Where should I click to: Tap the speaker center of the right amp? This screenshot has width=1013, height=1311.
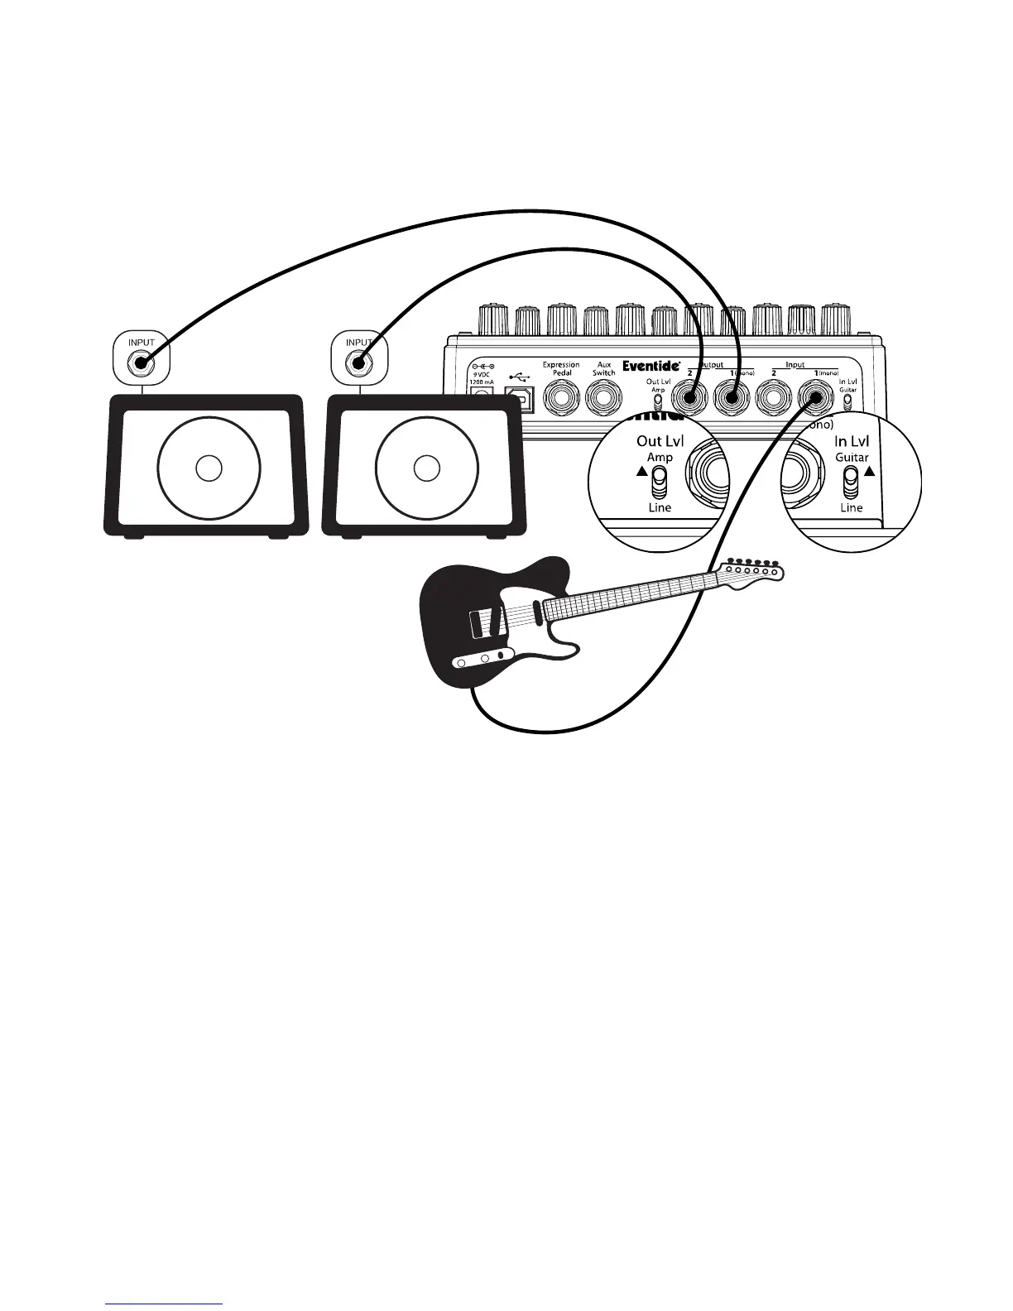pyautogui.click(x=426, y=468)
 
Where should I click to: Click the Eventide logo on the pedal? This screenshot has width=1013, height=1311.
pyautogui.click(x=651, y=365)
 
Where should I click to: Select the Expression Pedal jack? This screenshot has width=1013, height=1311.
pyautogui.click(x=561, y=399)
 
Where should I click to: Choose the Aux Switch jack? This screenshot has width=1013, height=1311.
pyautogui.click(x=604, y=399)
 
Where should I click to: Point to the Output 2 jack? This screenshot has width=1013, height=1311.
pyautogui.click(x=689, y=398)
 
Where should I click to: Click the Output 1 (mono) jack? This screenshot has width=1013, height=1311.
pyautogui.click(x=732, y=398)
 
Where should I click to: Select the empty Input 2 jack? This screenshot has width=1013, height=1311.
pyautogui.click(x=774, y=399)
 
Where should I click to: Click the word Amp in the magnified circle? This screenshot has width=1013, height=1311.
pyautogui.click(x=660, y=457)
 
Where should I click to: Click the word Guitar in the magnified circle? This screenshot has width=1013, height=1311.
pyautogui.click(x=852, y=457)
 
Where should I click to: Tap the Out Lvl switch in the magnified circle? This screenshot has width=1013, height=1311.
pyautogui.click(x=660, y=480)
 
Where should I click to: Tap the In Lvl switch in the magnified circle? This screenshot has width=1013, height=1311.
pyautogui.click(x=851, y=481)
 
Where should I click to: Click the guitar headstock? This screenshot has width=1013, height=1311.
pyautogui.click(x=751, y=573)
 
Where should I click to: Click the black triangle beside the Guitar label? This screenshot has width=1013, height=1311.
pyautogui.click(x=869, y=472)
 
